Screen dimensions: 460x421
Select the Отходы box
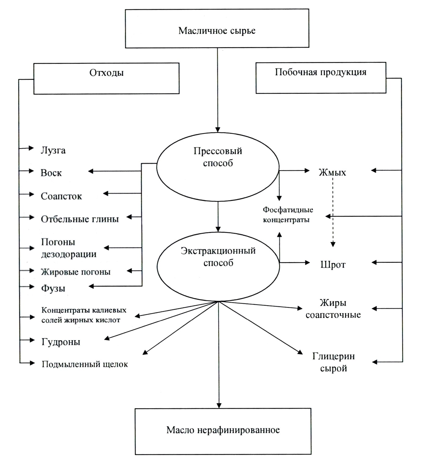[x=106, y=78]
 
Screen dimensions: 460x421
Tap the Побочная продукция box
[x=321, y=78]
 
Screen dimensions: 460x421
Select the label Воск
[x=51, y=173]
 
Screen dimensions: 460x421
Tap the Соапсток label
[x=61, y=196]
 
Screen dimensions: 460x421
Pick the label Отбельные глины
[x=80, y=219]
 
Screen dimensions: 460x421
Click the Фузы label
[x=53, y=288]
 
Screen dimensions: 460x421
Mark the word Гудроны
[x=61, y=342]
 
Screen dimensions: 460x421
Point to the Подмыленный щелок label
[x=85, y=364]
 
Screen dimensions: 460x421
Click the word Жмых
[x=332, y=173]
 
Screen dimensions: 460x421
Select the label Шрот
[x=333, y=264]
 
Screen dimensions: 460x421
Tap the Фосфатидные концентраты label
[x=288, y=215]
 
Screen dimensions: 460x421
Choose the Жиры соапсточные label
[x=333, y=309]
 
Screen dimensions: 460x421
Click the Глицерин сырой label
[x=333, y=362]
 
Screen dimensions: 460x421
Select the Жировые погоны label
[x=76, y=272]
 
